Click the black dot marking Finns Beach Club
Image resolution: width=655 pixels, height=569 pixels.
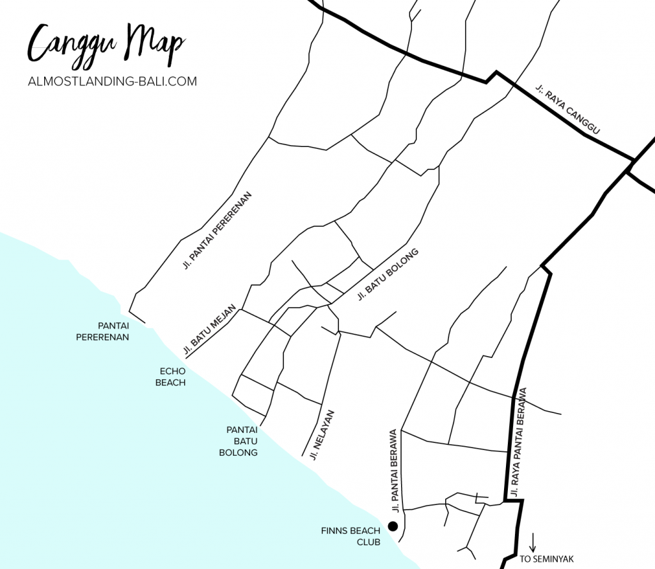393,526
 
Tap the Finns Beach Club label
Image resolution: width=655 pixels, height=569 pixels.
351,536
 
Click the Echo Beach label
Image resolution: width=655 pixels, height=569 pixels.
172,377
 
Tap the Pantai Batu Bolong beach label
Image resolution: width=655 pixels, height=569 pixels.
238,441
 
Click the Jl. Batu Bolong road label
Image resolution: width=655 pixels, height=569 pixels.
388,274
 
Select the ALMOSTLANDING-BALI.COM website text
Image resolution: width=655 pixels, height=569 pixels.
112,81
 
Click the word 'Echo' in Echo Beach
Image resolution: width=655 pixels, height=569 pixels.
172,371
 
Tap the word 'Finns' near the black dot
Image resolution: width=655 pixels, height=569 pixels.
332,530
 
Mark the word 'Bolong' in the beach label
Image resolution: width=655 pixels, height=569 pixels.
238,453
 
